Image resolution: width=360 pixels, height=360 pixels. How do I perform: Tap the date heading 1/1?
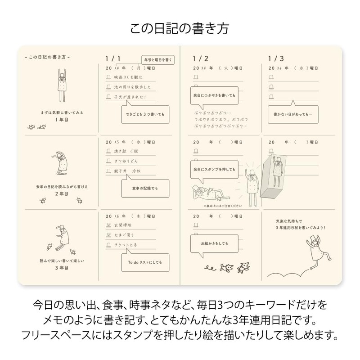[x=112, y=59]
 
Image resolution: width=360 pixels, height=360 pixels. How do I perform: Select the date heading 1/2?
[x=200, y=59]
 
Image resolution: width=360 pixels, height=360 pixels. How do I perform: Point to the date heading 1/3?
[x=276, y=59]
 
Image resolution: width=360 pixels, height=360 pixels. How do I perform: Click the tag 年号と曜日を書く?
[x=157, y=59]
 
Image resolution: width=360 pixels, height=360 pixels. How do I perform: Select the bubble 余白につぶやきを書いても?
[x=213, y=95]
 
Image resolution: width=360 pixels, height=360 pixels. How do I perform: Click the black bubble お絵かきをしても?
[x=213, y=243]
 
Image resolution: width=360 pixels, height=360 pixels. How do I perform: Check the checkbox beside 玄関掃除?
[x=108, y=225]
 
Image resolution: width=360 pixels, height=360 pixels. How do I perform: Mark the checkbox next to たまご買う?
[x=108, y=234]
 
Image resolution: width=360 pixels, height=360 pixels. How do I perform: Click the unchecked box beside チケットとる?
[x=108, y=246]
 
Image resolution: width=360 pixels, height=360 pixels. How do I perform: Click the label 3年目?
[x=61, y=268]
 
